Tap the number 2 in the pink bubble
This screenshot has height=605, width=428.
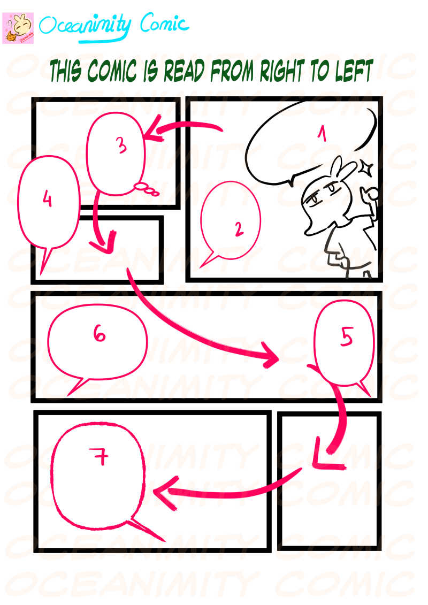pyautogui.click(x=239, y=229)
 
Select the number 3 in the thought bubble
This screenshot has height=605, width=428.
pyautogui.click(x=121, y=145)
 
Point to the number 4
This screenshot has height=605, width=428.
pyautogui.click(x=47, y=200)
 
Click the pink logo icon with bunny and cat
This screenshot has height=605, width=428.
pyautogui.click(x=18, y=28)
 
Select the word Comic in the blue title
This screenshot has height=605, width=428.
pyautogui.click(x=164, y=25)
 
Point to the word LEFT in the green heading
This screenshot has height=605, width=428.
pyautogui.click(x=354, y=70)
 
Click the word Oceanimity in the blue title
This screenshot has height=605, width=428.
pyautogui.click(x=85, y=26)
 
